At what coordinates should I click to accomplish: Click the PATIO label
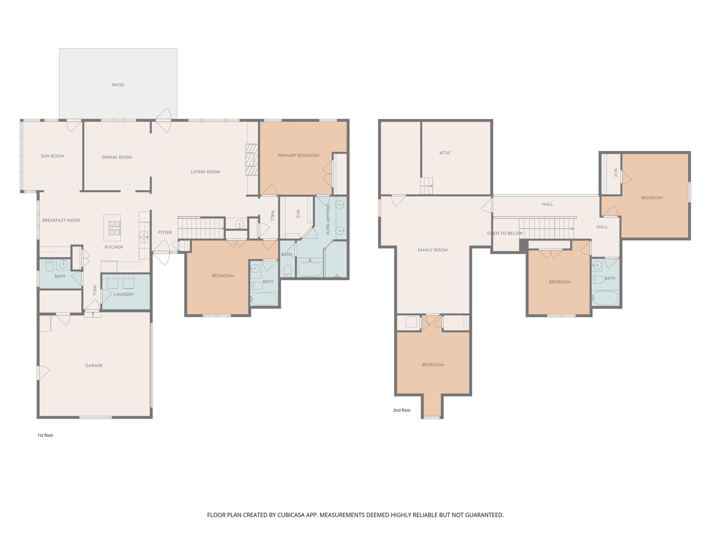coord(118,85)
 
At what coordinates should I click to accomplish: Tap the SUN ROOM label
coord(53,156)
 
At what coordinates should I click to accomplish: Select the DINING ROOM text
coord(117,157)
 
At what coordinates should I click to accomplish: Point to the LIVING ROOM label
coord(206,172)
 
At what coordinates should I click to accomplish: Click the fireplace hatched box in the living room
coord(251,159)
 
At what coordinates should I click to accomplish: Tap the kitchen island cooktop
coord(114,228)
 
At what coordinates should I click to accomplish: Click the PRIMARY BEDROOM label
coord(298,155)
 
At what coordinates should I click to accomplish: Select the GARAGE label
coord(94,365)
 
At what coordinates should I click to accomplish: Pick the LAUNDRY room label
coord(124,294)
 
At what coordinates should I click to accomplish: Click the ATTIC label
coord(445,153)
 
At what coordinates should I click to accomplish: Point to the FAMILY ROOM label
coord(433,250)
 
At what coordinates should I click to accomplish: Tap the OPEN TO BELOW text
coord(505,233)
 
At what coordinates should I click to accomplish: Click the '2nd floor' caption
coord(402,410)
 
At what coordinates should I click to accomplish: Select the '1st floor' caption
coord(45,435)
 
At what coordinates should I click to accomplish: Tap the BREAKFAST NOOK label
coord(61,220)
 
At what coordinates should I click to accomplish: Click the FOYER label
coord(165,232)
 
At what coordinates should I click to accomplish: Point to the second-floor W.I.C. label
coord(616,173)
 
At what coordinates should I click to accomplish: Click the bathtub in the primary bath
coord(310,269)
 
